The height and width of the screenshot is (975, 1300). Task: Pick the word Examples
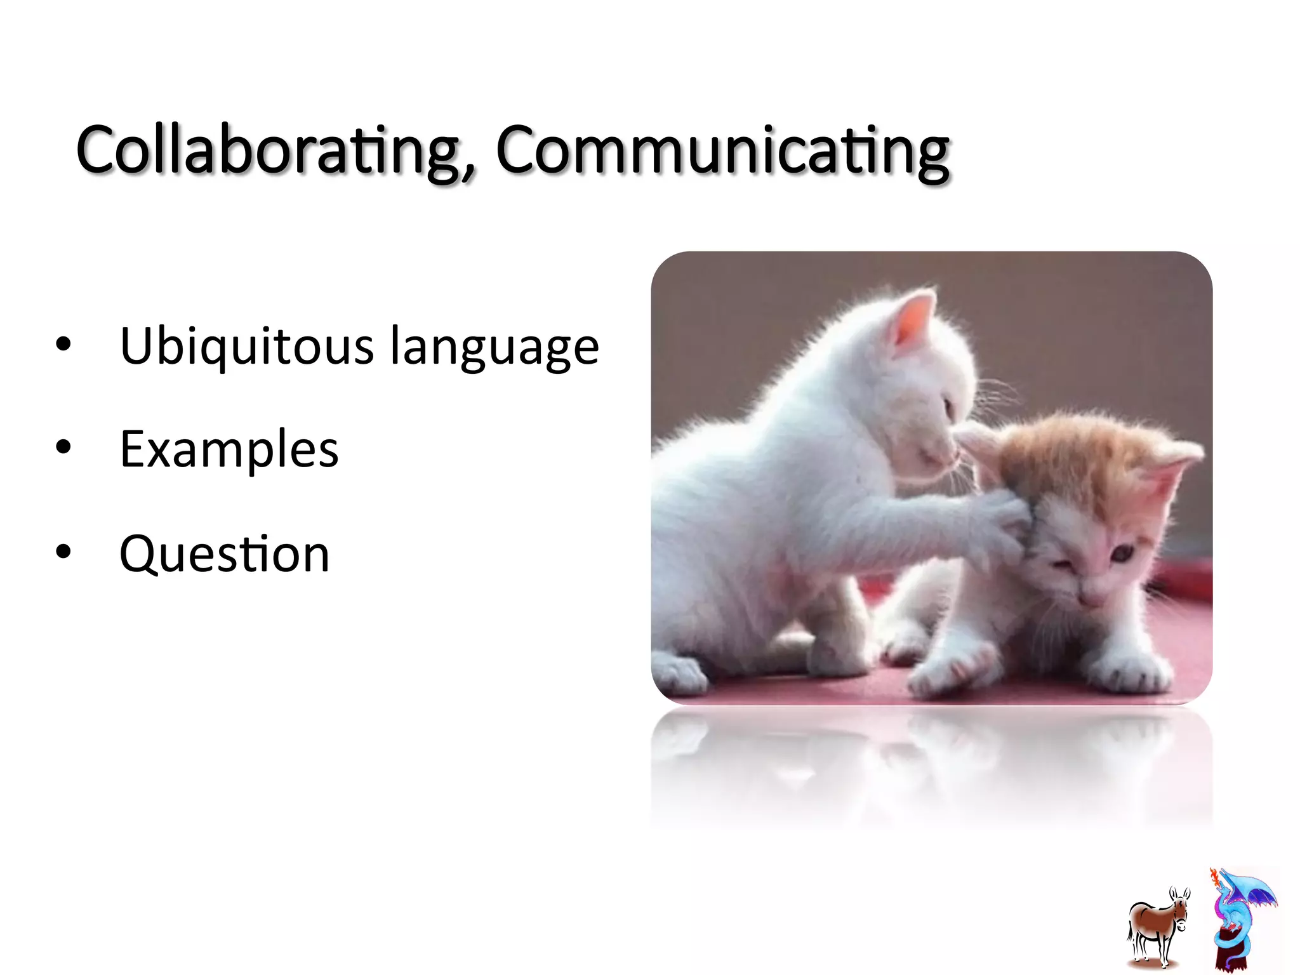(229, 449)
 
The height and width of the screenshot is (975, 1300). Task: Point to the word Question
(225, 554)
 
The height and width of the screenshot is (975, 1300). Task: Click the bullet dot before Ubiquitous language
(63, 345)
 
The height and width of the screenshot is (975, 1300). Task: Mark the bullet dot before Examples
(63, 448)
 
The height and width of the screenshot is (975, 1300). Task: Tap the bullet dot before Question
(63, 552)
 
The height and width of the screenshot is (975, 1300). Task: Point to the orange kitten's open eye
(1122, 554)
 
